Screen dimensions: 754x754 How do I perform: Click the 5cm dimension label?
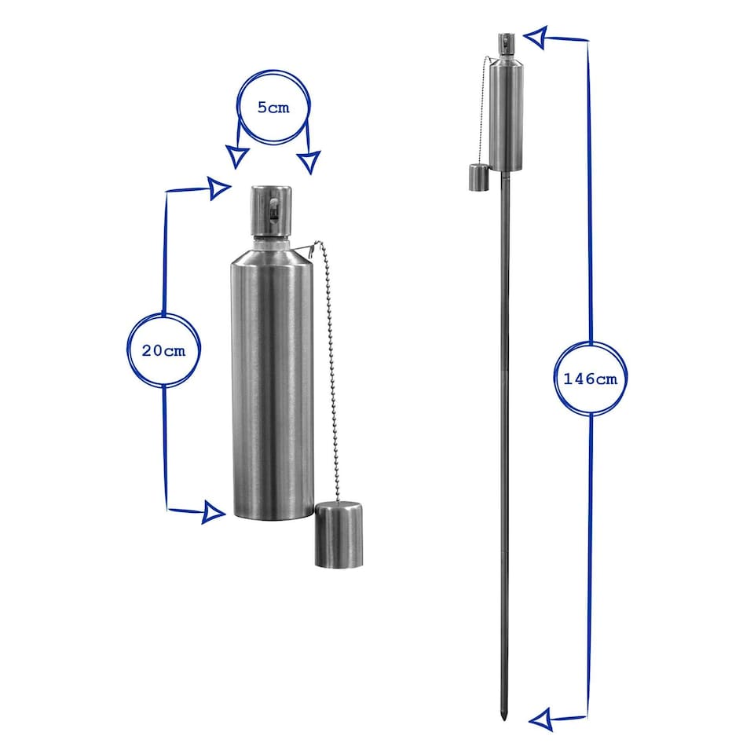pos(273,108)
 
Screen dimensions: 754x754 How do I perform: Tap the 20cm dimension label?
pos(163,350)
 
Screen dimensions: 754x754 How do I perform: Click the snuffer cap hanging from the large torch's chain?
pos(339,536)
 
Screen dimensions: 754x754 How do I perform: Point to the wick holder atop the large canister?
pos(272,210)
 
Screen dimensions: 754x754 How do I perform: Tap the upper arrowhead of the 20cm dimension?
pos(219,187)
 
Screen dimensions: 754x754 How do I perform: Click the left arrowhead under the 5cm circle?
pos(235,157)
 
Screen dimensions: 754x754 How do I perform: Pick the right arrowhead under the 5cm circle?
pos(309,161)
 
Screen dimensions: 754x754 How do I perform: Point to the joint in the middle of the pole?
pos(503,369)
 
